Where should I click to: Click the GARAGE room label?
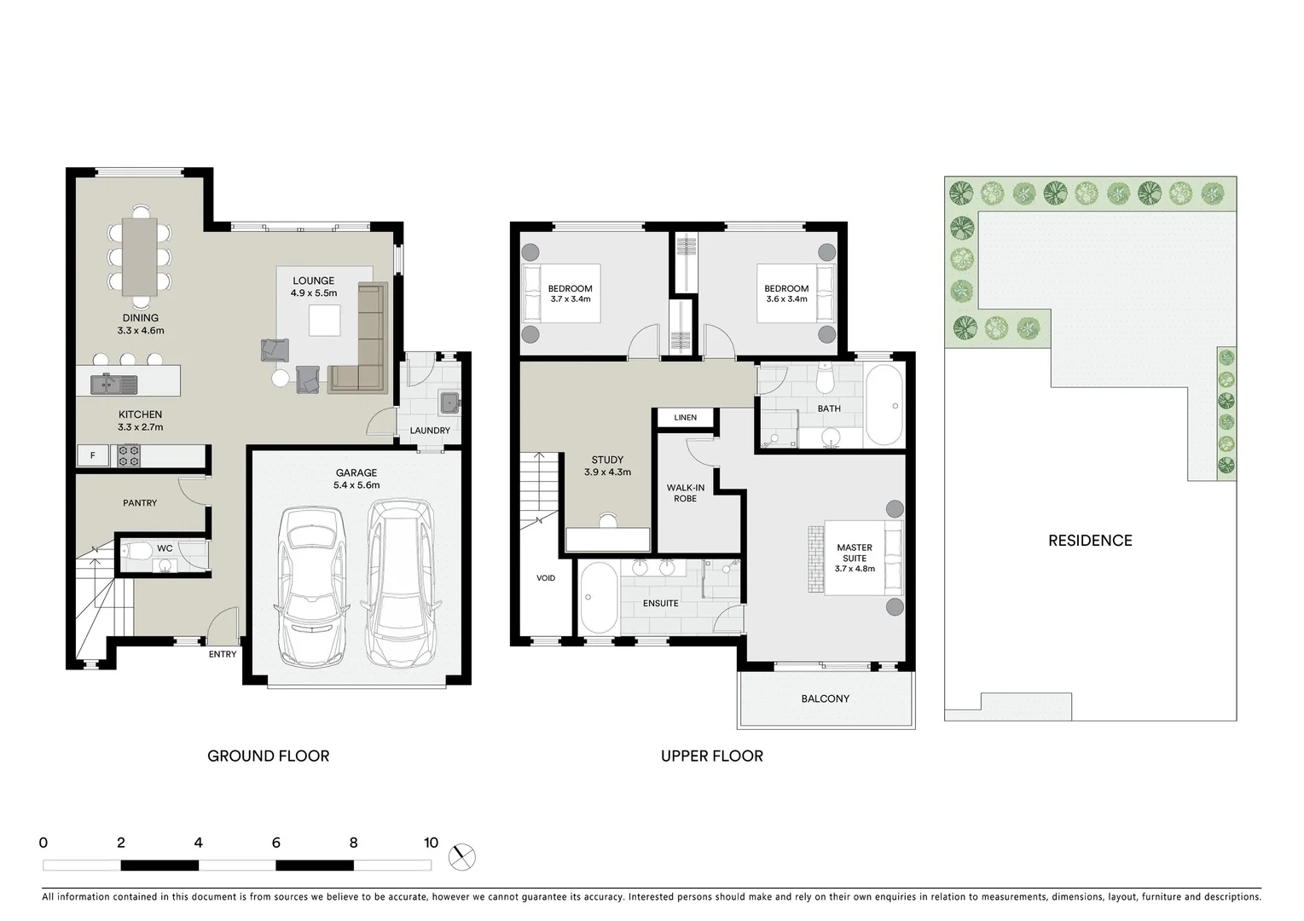coord(356,472)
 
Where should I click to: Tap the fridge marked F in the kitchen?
coord(92,456)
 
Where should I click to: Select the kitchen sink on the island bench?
coord(113,384)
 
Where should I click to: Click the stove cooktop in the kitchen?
coord(129,456)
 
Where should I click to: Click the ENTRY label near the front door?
coord(223,654)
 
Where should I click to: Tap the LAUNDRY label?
coord(430,431)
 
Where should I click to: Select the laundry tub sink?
coord(449,403)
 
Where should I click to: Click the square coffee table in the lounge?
coord(324,321)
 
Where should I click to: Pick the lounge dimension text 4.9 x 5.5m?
coord(314,293)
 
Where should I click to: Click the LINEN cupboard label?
coord(685,418)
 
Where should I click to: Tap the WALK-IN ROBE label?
coord(686,493)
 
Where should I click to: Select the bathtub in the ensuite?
coord(598,599)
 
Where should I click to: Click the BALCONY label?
coord(825,698)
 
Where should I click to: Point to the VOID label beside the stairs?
coord(546,578)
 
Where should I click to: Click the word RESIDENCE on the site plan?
coord(1090,541)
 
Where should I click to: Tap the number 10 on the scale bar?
coord(431,843)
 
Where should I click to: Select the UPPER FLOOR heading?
coord(711,756)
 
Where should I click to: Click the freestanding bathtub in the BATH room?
coord(884,406)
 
